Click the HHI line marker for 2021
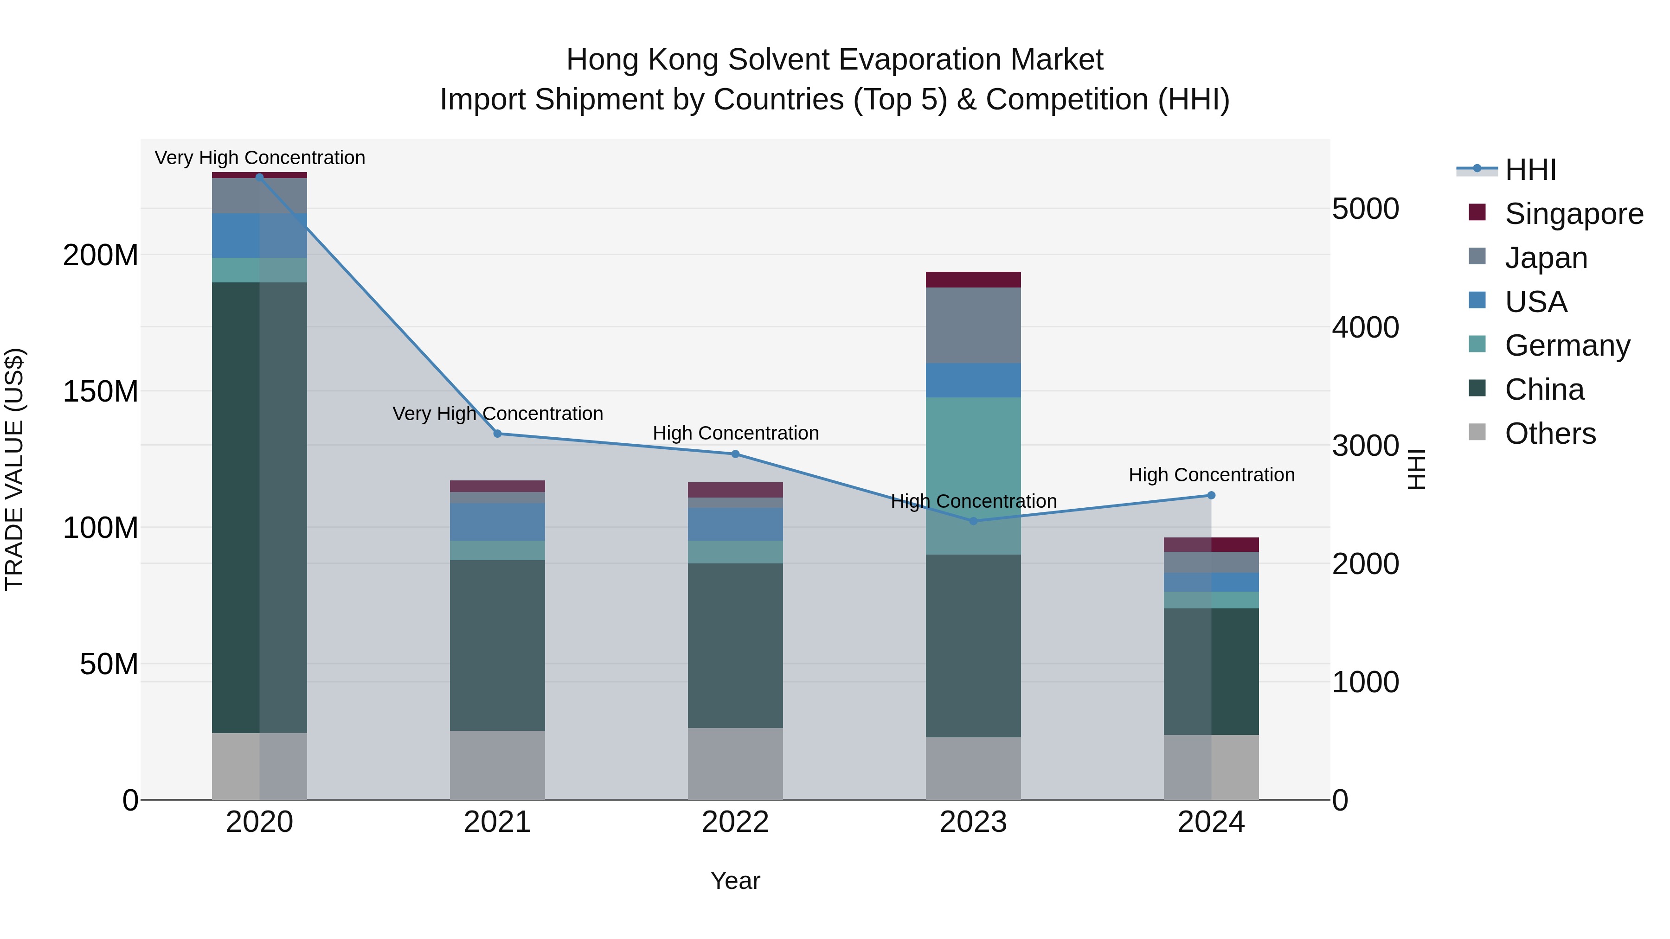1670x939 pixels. (497, 434)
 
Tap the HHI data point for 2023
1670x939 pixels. (973, 521)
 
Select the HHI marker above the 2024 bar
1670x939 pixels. (1211, 496)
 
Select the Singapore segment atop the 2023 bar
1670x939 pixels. (973, 279)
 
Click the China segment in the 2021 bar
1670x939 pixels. (497, 645)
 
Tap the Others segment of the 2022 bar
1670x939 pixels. (735, 763)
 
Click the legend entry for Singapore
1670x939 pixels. (1574, 214)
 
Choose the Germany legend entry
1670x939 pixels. (1567, 345)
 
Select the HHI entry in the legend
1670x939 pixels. (1530, 170)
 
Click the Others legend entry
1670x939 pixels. (1549, 434)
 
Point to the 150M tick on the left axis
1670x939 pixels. (101, 391)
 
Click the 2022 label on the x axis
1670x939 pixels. (735, 822)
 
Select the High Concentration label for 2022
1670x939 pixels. (735, 433)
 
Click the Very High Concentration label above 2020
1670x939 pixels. (259, 158)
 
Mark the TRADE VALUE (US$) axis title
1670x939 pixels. (14, 469)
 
